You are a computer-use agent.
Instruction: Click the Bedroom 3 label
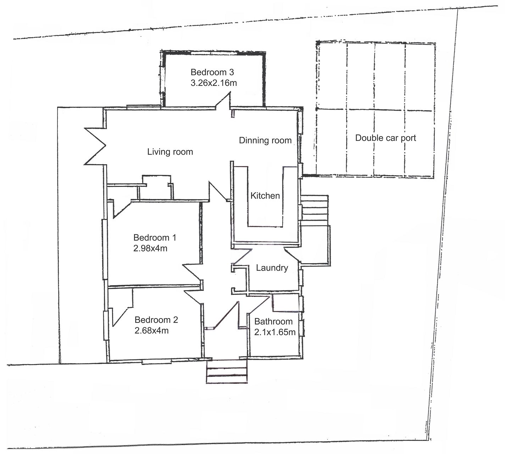[x=212, y=72]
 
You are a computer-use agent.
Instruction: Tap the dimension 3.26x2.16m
[x=214, y=83]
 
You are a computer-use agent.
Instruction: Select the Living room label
[x=170, y=152]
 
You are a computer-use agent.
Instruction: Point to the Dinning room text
[x=265, y=140]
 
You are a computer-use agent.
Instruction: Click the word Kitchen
[x=265, y=196]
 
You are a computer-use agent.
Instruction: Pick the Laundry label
[x=272, y=268]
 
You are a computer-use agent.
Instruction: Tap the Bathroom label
[x=273, y=322]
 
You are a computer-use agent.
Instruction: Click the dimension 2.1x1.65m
[x=274, y=332]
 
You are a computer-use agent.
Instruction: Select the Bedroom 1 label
[x=155, y=237]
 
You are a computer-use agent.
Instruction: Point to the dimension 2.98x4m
[x=150, y=249]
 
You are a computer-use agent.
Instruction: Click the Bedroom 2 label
[x=156, y=320]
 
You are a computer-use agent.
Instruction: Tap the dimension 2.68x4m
[x=151, y=331]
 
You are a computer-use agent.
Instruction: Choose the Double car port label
[x=385, y=138]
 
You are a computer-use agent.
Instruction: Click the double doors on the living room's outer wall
[x=95, y=146]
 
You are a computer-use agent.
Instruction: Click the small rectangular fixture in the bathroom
[x=285, y=303]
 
